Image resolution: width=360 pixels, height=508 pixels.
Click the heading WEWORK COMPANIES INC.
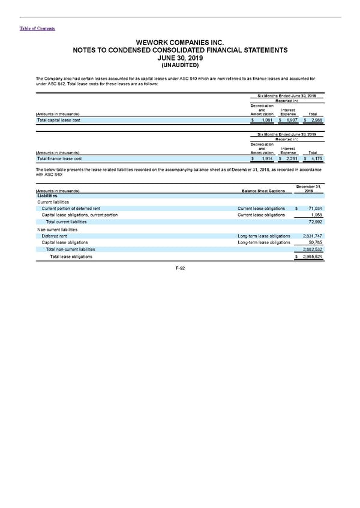coord(179,43)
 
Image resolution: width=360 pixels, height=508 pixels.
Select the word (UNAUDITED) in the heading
coord(179,65)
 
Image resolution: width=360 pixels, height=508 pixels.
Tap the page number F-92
coord(179,268)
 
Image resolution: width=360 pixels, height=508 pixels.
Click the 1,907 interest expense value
coord(288,121)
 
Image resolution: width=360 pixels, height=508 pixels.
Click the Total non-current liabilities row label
coord(70,249)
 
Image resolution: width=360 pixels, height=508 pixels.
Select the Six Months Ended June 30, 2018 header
coord(286,96)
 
